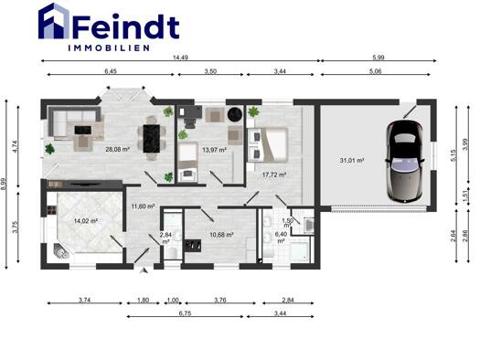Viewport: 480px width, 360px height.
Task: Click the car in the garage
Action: click(405, 161)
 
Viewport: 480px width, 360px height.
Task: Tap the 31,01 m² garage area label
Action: click(352, 160)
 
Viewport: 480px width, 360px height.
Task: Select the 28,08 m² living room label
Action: click(118, 150)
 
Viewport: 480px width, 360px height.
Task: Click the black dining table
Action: click(152, 138)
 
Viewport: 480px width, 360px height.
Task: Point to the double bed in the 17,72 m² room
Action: click(268, 144)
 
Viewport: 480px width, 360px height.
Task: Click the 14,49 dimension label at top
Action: click(180, 58)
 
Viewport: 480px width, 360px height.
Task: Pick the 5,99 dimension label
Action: click(379, 58)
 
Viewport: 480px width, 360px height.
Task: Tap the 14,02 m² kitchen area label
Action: click(86, 220)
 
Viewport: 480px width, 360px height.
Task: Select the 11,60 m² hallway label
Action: click(143, 206)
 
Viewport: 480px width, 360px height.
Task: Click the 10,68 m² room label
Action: click(221, 235)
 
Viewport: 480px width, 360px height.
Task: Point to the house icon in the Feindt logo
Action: click(54, 21)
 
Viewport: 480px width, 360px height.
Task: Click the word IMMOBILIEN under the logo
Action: click(109, 48)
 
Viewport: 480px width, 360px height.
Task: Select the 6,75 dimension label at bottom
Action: click(185, 313)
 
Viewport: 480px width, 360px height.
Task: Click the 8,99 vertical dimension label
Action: click(4, 185)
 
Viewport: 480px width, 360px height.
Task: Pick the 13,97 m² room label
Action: click(214, 150)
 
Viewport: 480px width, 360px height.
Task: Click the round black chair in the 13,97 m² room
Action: click(235, 114)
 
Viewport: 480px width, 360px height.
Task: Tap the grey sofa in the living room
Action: click(74, 122)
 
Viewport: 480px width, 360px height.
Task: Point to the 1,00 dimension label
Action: click(173, 300)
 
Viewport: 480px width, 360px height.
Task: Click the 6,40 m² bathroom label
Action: click(281, 238)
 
